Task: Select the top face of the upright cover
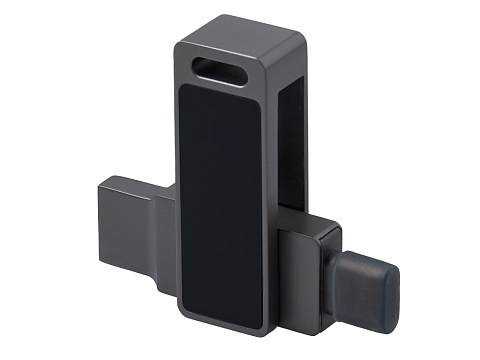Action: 240,33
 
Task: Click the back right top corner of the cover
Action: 302,30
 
